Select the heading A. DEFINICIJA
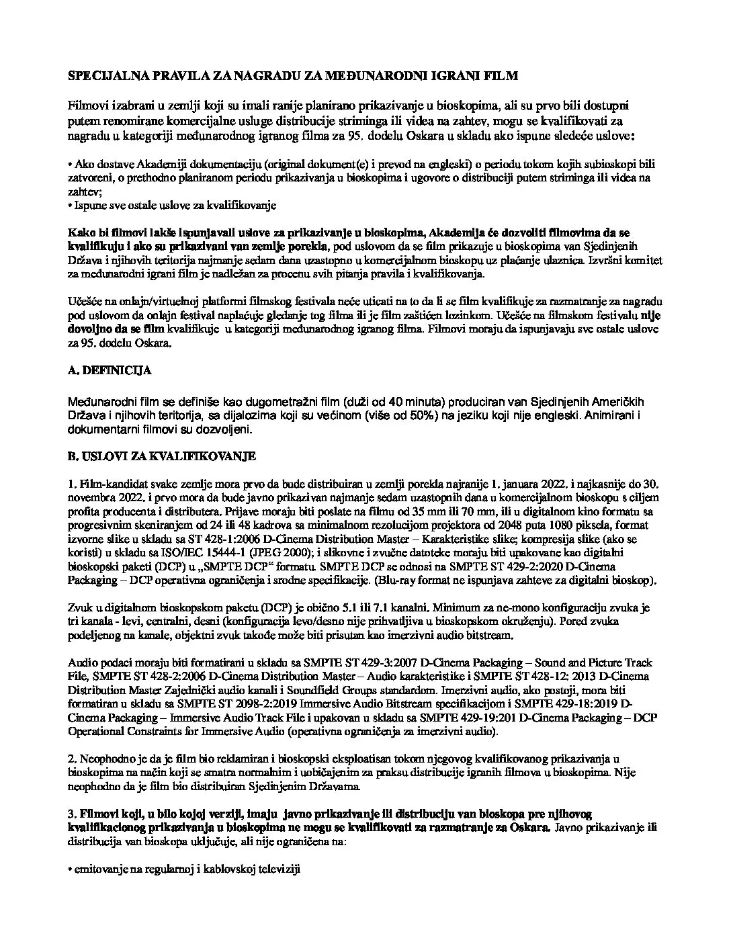click(x=110, y=370)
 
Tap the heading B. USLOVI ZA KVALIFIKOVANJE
click(x=162, y=456)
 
